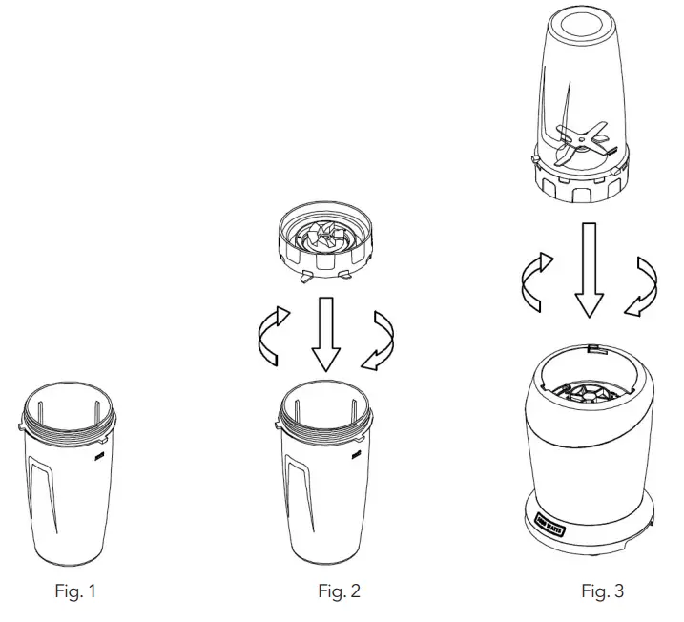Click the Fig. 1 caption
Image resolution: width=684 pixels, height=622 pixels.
pos(74,591)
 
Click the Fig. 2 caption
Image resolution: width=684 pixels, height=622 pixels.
pos(339,591)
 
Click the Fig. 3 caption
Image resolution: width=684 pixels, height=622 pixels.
pos(602,591)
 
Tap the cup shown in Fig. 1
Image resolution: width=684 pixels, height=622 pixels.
pos(72,487)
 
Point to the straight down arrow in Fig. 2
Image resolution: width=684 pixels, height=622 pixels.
pos(326,333)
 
